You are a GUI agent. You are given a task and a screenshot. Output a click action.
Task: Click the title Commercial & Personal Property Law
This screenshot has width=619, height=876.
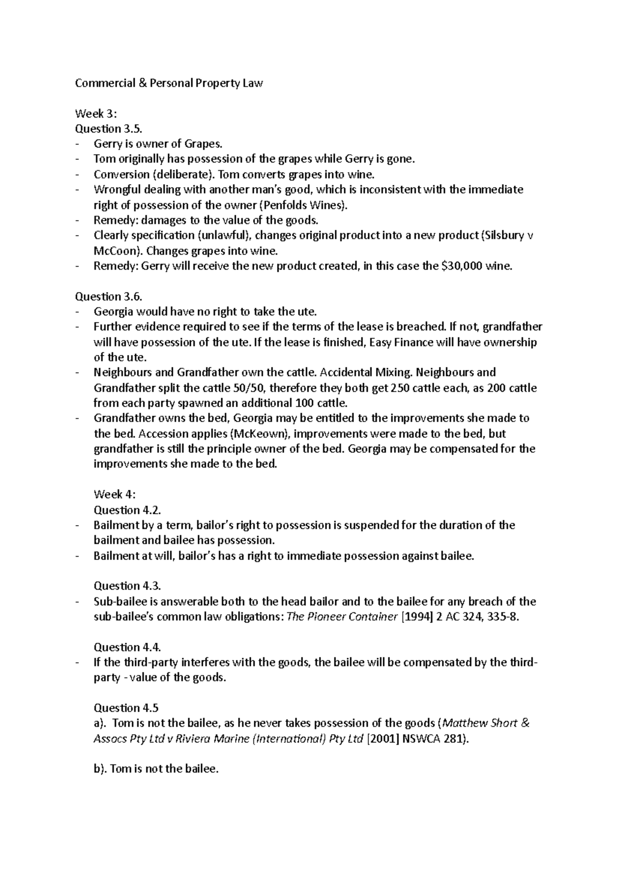169,83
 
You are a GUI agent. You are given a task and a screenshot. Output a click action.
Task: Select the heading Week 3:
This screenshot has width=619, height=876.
96,113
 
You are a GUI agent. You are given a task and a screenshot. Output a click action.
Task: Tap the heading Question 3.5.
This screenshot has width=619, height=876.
107,128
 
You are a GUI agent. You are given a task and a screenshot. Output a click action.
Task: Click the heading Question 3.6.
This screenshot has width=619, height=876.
107,296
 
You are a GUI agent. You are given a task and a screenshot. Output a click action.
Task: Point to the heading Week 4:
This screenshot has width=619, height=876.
115,494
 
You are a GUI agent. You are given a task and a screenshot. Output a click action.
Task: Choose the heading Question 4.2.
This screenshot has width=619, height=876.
127,510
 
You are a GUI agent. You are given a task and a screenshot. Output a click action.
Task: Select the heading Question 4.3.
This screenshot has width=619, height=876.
127,586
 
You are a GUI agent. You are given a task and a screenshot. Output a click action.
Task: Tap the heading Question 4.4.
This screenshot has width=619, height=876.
127,647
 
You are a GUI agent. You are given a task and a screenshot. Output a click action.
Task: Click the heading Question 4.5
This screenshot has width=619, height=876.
125,708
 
